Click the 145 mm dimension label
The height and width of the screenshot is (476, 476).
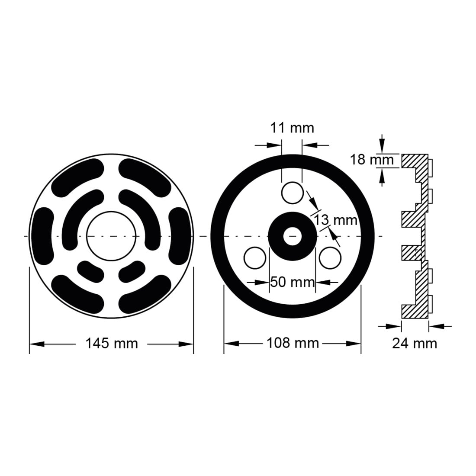coord(112,344)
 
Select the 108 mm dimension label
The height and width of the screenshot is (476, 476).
coord(293,343)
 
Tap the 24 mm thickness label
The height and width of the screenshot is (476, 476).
coord(415,344)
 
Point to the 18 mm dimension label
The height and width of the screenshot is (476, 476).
coord(372,160)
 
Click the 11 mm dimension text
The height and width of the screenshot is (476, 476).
coord(292,128)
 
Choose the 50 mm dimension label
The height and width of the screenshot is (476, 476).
coord(293,282)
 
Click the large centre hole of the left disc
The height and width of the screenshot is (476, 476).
coord(111,236)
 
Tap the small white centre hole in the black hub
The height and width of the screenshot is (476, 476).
coord(293,236)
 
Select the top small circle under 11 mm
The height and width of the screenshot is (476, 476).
coord(293,193)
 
